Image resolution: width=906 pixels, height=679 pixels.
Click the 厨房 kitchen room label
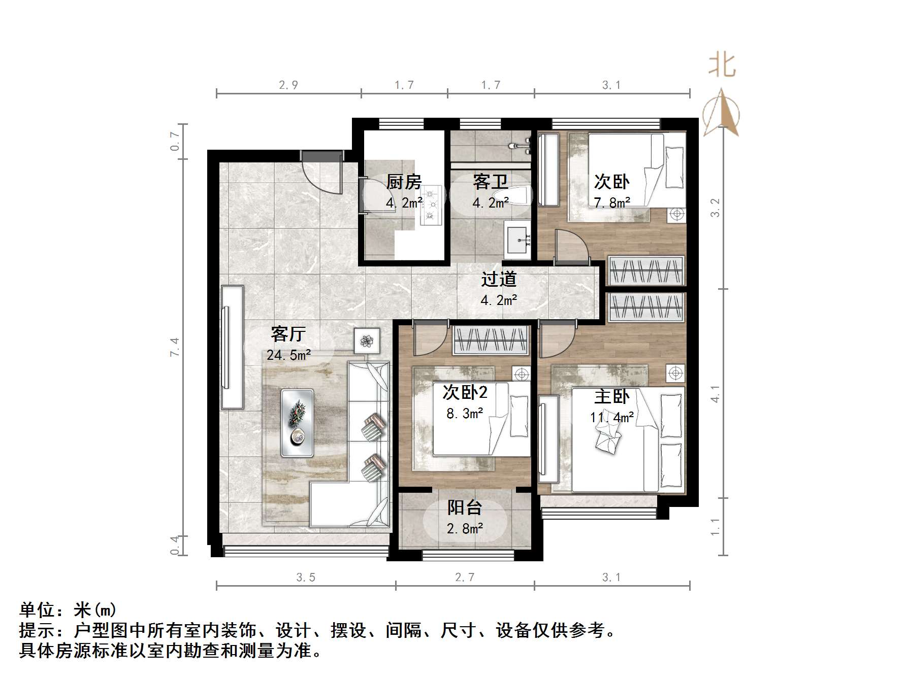click(404, 182)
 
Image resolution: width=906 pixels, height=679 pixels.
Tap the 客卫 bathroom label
click(490, 182)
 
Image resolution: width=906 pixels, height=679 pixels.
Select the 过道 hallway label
click(499, 279)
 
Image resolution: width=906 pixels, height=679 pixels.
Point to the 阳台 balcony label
click(464, 507)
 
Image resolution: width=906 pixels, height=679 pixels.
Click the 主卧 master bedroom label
click(611, 397)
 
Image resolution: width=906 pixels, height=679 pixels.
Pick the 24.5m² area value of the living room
click(288, 355)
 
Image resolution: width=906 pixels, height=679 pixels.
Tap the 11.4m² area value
click(611, 418)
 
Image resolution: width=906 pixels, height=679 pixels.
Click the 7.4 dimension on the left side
click(175, 347)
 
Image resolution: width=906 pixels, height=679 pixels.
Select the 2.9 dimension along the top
click(288, 85)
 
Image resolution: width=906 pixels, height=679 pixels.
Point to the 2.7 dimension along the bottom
click(465, 577)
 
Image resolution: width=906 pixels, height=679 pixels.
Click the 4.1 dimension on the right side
click(715, 394)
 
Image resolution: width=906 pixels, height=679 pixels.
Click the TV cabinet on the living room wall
click(232, 347)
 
